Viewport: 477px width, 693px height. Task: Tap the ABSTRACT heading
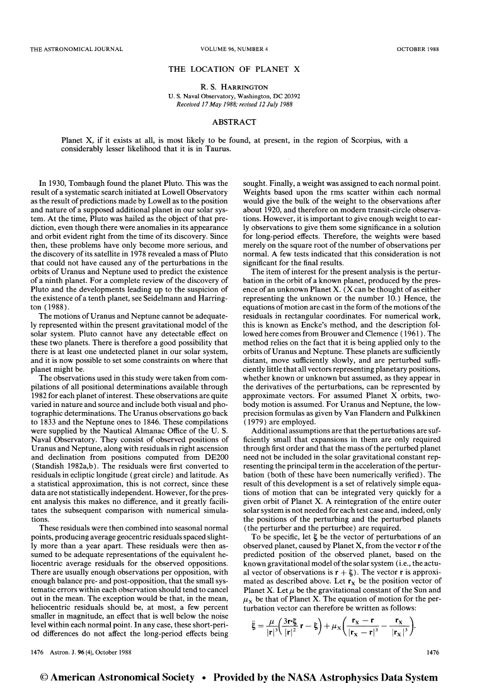238,121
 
